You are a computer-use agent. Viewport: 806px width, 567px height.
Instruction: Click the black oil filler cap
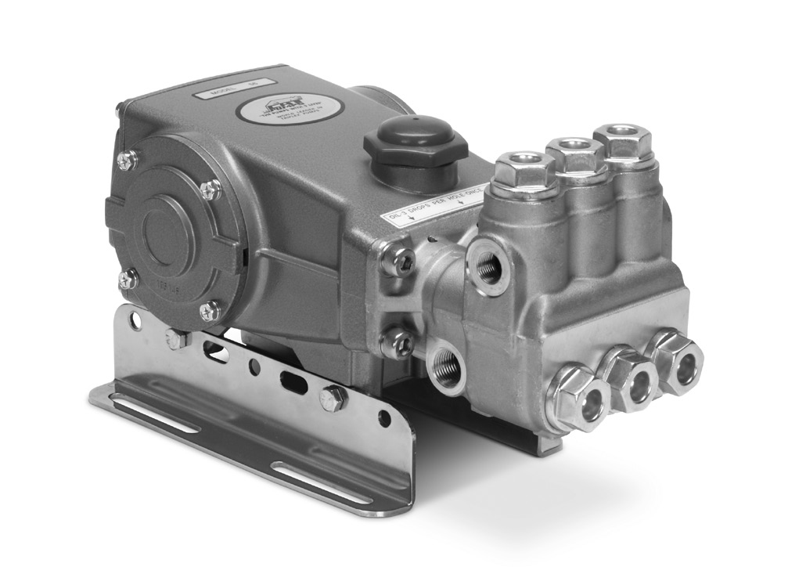coord(415,143)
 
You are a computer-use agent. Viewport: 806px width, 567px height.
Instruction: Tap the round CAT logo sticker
coord(282,109)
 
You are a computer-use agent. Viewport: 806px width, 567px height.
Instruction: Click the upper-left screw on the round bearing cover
coord(128,161)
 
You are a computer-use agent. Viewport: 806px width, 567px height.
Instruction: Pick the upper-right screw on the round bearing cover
coord(210,189)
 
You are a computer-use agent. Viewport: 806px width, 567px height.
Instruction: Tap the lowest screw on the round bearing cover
coord(209,311)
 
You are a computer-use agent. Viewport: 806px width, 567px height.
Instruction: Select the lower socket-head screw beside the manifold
coord(397,342)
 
